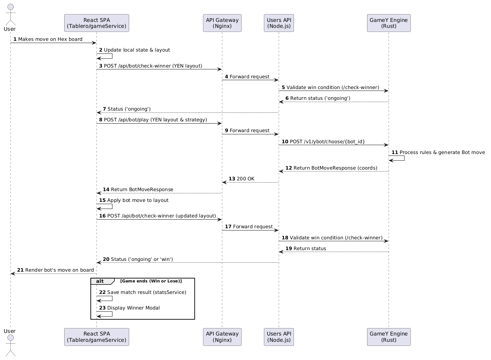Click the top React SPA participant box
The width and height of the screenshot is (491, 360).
96,23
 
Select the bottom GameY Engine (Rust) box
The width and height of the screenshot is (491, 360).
389,337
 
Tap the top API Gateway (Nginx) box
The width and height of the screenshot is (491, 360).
222,23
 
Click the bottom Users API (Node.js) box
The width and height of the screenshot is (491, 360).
279,337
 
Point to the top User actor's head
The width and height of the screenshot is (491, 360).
10,7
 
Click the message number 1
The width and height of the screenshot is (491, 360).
15,39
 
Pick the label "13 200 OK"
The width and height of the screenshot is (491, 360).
242,179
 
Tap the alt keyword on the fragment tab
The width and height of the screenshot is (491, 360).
100,281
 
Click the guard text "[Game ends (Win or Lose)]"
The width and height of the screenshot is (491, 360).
151,281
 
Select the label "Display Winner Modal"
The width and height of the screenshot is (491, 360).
133,308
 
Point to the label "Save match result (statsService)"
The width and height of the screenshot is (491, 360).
147,292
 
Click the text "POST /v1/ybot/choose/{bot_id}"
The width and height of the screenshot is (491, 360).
327,142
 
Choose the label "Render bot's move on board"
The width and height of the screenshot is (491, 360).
59,270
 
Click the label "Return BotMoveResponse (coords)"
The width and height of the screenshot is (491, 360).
335,168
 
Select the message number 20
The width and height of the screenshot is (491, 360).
106,259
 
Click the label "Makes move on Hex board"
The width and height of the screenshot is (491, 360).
50,39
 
